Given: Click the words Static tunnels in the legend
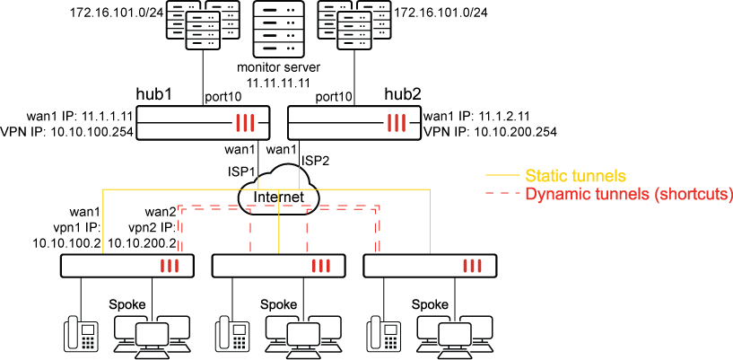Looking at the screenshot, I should click(x=575, y=175).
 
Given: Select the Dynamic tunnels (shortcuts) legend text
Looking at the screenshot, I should click(x=628, y=194).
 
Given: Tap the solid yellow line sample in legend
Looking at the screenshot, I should click(x=502, y=175).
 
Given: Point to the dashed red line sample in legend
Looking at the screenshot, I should click(x=502, y=194).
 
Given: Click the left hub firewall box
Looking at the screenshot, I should click(x=203, y=122).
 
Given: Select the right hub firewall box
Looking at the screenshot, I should click(x=353, y=122).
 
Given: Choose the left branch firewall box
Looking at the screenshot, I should click(x=127, y=266).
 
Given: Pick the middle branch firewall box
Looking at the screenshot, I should click(x=278, y=266).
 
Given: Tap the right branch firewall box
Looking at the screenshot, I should click(x=429, y=266).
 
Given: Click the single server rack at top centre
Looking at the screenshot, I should click(x=279, y=29).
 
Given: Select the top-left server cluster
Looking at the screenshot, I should click(x=203, y=23).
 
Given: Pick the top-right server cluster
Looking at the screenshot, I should click(x=354, y=23).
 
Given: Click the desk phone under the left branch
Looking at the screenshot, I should click(x=81, y=334).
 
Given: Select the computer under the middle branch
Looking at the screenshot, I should click(x=303, y=336).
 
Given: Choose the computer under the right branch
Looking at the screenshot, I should click(x=454, y=336).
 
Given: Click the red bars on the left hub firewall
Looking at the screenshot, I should click(x=246, y=123).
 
